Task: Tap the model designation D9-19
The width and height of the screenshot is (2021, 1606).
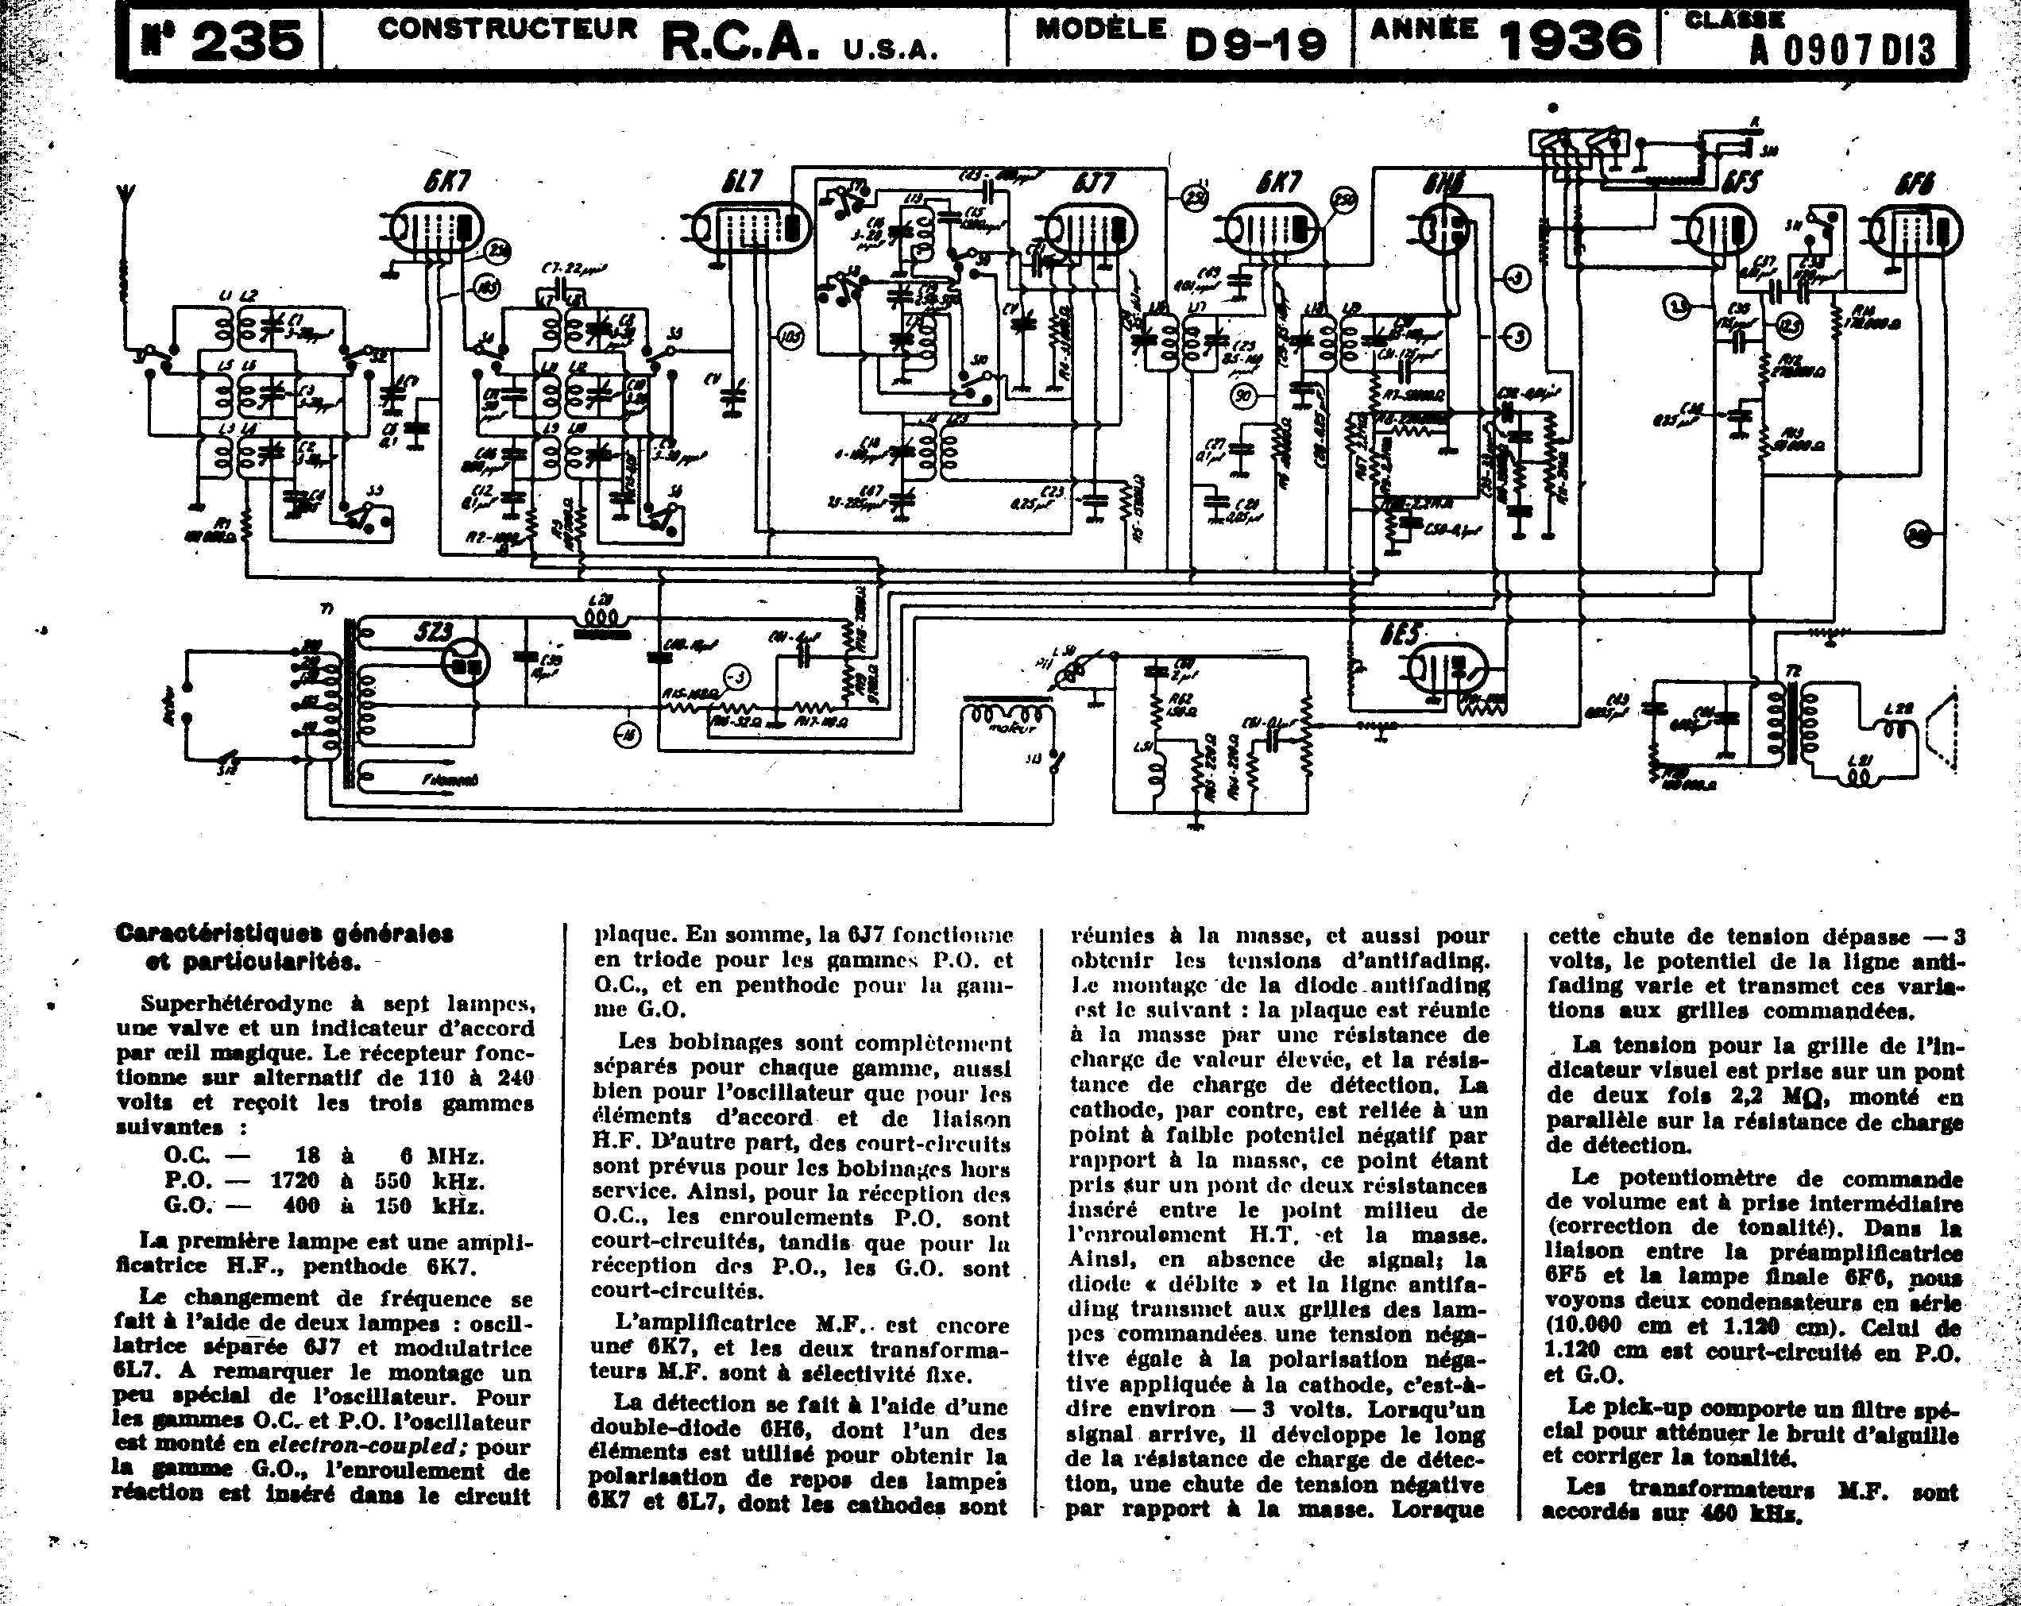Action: [1256, 42]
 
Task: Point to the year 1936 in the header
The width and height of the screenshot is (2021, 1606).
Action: [1571, 41]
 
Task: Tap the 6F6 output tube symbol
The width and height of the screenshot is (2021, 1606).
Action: [1915, 230]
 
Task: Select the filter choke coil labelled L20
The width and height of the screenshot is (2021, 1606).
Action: [601, 620]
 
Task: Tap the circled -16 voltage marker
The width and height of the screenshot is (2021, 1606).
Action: [627, 736]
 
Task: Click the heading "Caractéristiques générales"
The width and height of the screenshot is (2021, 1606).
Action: [284, 933]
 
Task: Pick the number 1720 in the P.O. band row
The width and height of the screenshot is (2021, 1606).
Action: [295, 1180]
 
